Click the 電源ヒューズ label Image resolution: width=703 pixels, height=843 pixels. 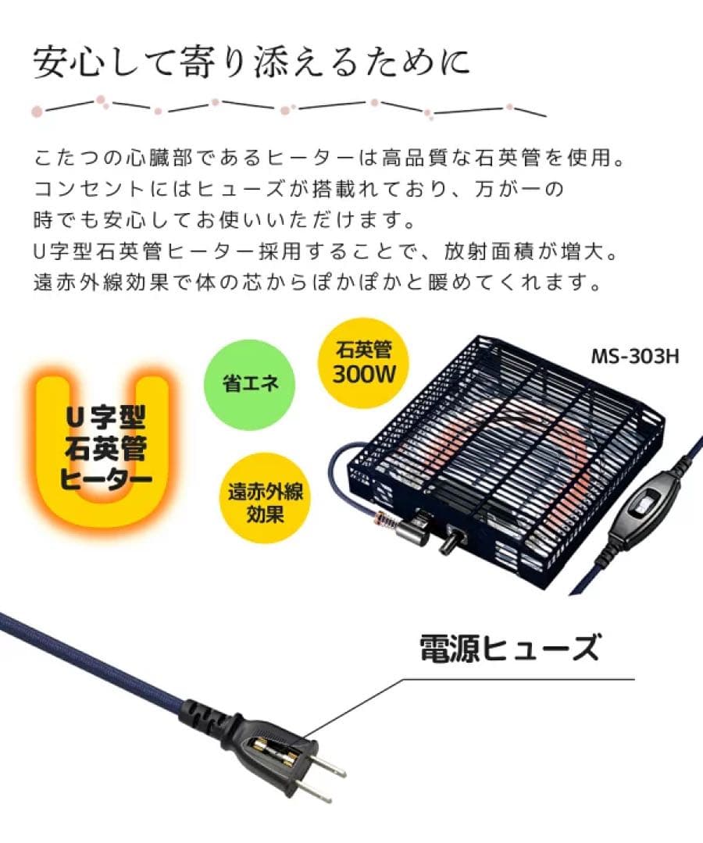[x=509, y=648]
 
